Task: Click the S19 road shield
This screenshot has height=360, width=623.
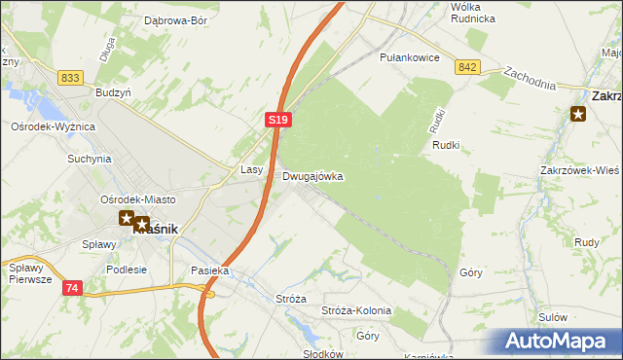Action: click(x=277, y=119)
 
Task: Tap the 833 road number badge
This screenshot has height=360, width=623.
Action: click(x=69, y=78)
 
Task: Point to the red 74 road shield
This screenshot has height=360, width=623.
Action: click(x=72, y=288)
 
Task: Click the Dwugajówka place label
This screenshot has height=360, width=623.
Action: click(x=312, y=177)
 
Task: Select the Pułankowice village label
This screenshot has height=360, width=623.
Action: click(x=410, y=58)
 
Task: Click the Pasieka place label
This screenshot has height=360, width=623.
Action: click(x=209, y=270)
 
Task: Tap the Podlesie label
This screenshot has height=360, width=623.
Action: click(x=127, y=270)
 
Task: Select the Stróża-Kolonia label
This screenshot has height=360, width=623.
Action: click(x=355, y=310)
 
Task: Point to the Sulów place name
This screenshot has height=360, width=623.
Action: click(x=552, y=317)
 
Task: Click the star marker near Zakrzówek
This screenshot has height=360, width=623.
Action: click(x=578, y=115)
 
